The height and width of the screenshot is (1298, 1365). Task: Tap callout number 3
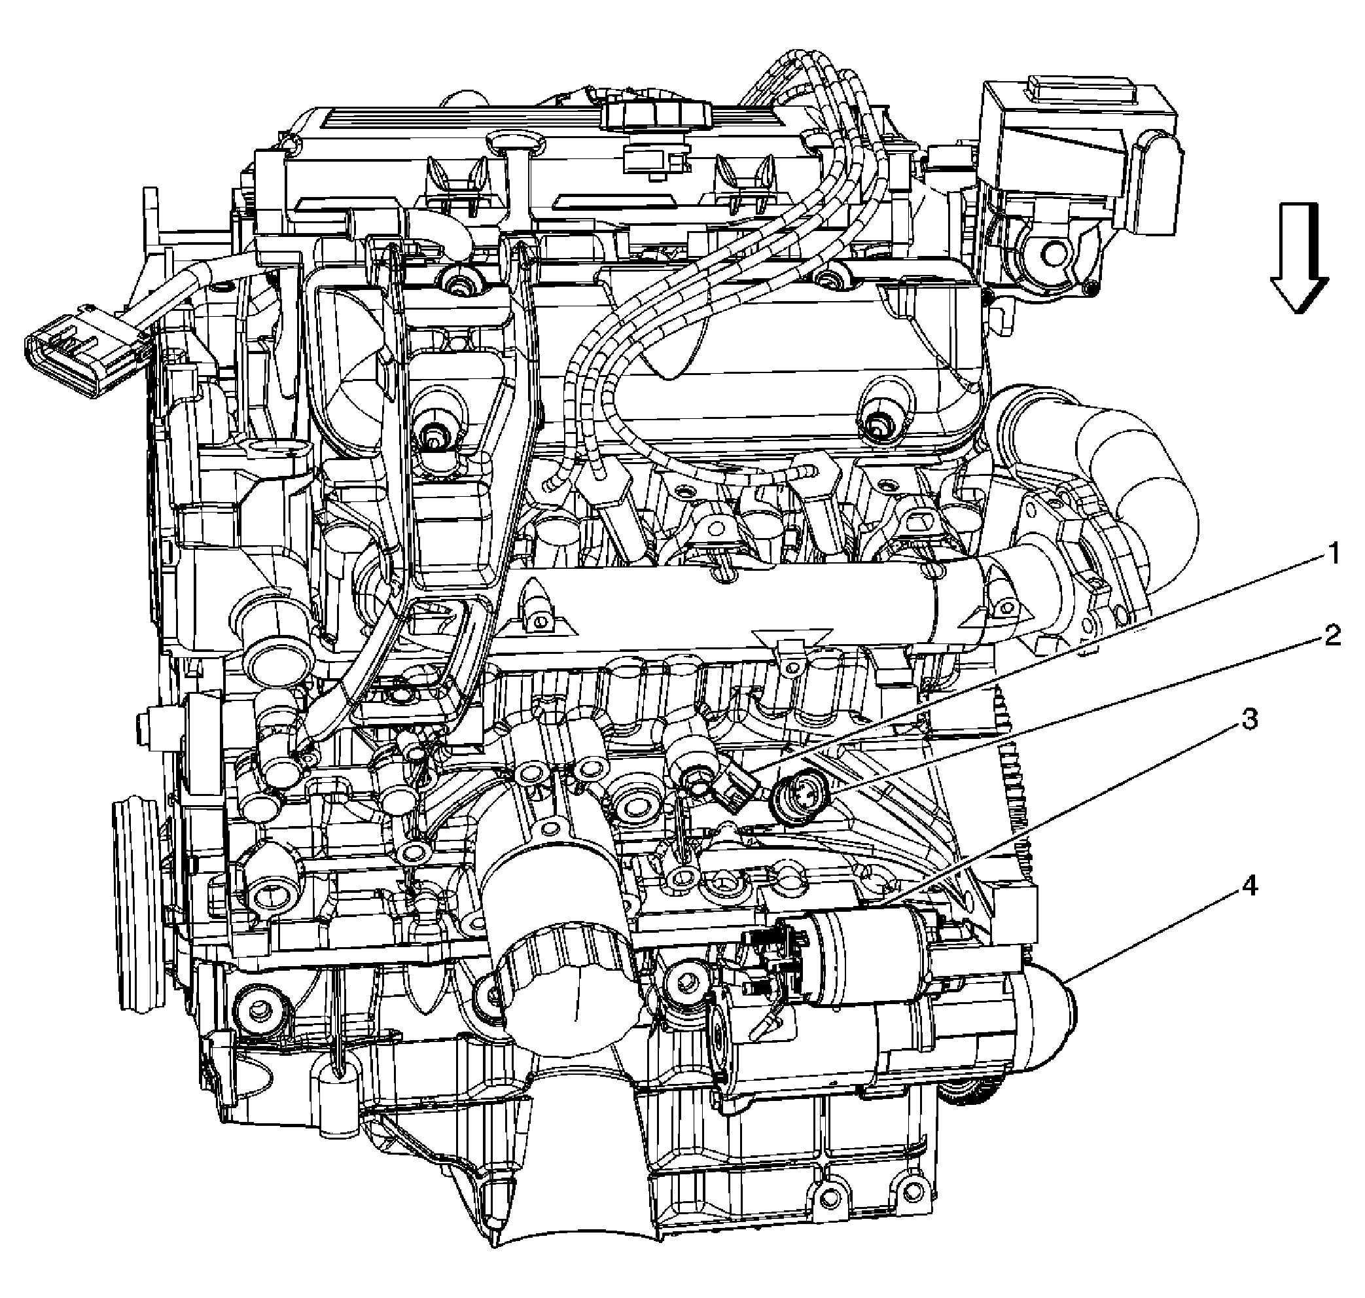pyautogui.click(x=1248, y=720)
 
